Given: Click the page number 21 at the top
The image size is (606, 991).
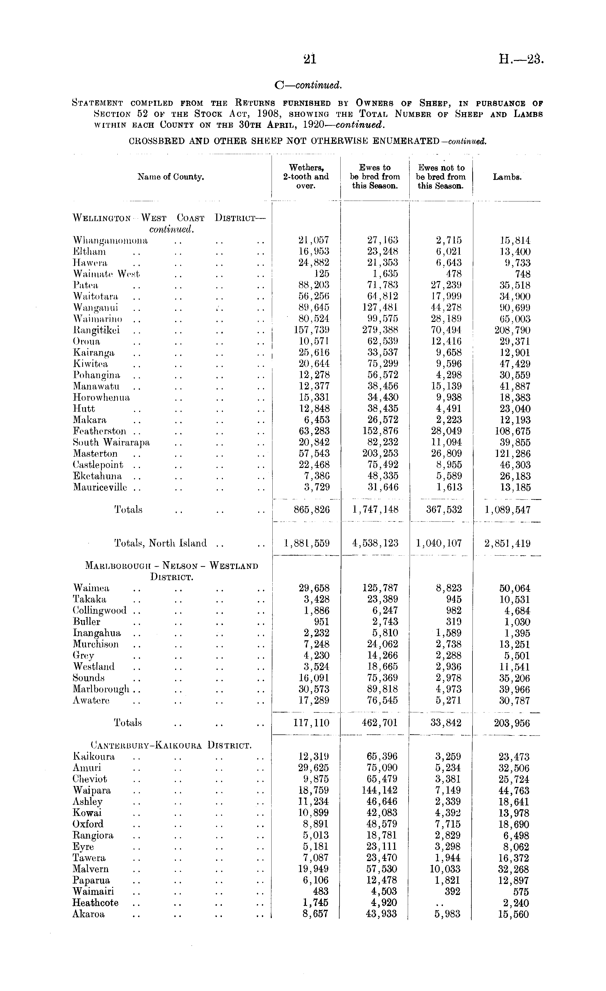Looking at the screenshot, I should point(310,59).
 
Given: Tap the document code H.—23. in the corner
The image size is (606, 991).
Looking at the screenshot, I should point(521,59).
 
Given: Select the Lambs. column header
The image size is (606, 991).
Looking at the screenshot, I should point(507,177).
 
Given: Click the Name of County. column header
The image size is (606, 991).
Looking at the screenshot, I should point(171,177).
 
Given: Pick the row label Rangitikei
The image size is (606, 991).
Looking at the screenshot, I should point(96,331).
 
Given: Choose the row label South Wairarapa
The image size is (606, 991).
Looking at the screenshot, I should point(111,442).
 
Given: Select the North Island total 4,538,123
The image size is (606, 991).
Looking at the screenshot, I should point(375,543).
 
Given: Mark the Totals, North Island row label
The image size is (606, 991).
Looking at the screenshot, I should point(160,543).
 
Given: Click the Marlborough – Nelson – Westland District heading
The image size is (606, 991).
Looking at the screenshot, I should point(172,571).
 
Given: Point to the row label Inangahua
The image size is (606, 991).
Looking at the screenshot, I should point(97,633).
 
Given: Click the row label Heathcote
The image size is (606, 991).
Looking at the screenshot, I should point(96,903).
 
